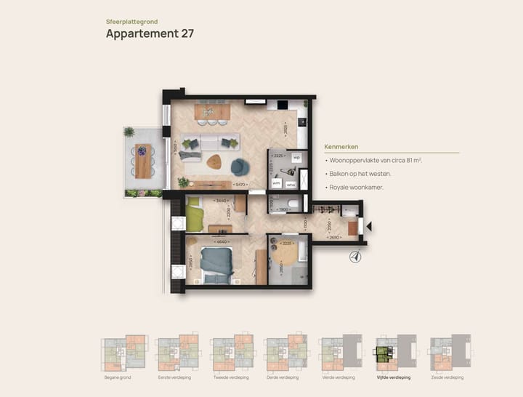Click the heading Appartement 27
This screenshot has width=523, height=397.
tap(150, 33)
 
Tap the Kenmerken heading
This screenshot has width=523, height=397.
tap(341, 147)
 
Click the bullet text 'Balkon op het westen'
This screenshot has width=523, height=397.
tap(360, 174)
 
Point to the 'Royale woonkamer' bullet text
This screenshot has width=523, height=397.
tap(357, 188)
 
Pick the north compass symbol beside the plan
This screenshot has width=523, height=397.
tap(355, 255)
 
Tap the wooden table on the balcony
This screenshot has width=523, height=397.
tap(143, 162)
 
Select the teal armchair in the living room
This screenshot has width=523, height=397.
tap(240, 167)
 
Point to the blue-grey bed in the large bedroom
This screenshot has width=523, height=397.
tap(216, 262)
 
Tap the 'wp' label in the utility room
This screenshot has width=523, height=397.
tap(296, 156)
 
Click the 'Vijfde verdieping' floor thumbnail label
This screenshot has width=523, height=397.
tap(393, 378)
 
